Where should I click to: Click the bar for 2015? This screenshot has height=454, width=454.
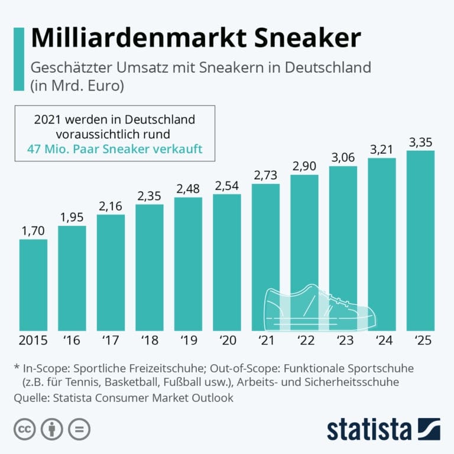click(33, 285)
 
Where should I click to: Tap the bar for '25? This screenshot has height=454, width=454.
click(420, 241)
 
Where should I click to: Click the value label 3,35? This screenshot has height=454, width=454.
click(420, 142)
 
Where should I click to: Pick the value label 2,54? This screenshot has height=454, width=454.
click(226, 185)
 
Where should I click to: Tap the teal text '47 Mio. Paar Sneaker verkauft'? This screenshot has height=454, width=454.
click(115, 149)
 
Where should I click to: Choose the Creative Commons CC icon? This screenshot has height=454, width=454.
click(23, 429)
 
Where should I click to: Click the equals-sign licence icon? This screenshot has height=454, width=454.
click(79, 429)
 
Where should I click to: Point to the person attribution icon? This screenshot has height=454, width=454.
click(51, 429)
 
